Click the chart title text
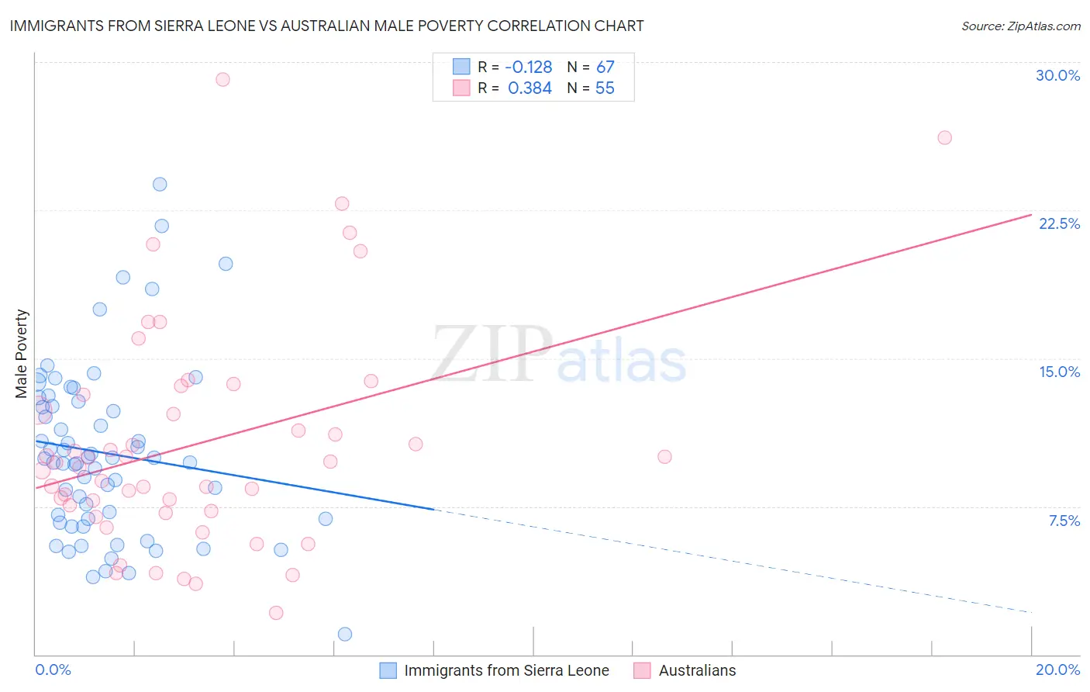[326, 26]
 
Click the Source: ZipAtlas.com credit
[1020, 26]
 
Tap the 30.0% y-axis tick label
[1057, 75]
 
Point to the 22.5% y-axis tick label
[1059, 223]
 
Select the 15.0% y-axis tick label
[1059, 372]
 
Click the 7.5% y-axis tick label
[1064, 521]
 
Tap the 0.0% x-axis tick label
[53, 670]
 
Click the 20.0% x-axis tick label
[1057, 670]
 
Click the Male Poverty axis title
[22, 354]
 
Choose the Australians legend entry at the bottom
[697, 670]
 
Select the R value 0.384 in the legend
[529, 88]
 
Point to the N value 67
[605, 67]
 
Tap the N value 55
[605, 88]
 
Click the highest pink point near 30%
[222, 79]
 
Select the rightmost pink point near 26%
[944, 137]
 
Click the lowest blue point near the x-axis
[345, 634]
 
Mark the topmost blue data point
[160, 184]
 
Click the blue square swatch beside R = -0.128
[461, 67]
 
